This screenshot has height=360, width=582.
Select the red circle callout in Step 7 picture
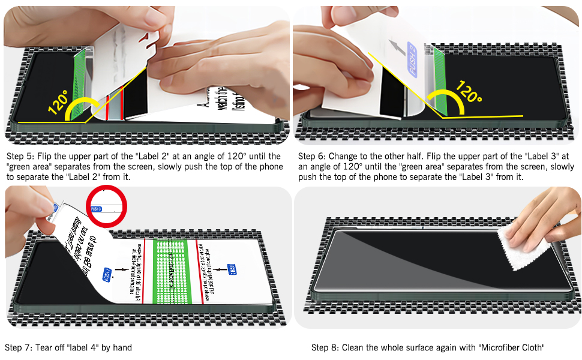pyautogui.click(x=108, y=206)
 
